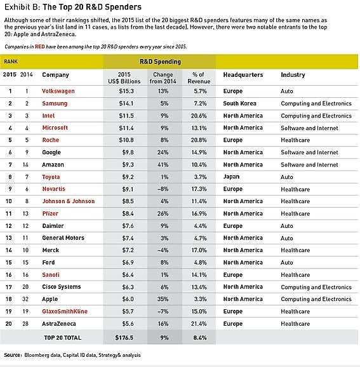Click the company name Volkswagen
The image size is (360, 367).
pyautogui.click(x=58, y=91)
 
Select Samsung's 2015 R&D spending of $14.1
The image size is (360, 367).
pyautogui.click(x=126, y=103)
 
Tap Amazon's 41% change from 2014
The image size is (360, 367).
pyautogui.click(x=163, y=165)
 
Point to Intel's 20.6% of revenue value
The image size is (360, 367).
pyautogui.click(x=199, y=116)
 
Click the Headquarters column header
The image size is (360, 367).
pyautogui.click(x=243, y=75)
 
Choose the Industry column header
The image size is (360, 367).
pyautogui.click(x=293, y=75)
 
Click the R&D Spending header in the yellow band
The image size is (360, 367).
pyautogui.click(x=161, y=62)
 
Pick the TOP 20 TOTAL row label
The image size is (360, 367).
pyautogui.click(x=63, y=338)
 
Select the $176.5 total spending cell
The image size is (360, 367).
pyautogui.click(x=124, y=338)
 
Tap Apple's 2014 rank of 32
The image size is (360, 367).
pyautogui.click(x=25, y=299)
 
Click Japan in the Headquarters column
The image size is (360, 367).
pyautogui.click(x=231, y=177)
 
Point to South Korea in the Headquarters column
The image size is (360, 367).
pyautogui.click(x=240, y=103)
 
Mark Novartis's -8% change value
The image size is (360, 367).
pyautogui.click(x=163, y=189)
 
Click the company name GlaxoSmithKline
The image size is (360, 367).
pyautogui.click(x=65, y=312)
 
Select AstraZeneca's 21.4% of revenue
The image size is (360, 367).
pyautogui.click(x=199, y=324)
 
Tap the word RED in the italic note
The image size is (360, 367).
pyautogui.click(x=40, y=47)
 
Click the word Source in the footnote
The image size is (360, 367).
pyautogui.click(x=13, y=355)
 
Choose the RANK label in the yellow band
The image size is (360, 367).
pyautogui.click(x=11, y=62)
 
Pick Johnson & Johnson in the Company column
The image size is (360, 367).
pyautogui.click(x=69, y=201)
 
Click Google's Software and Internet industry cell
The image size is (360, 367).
pyautogui.click(x=309, y=152)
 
